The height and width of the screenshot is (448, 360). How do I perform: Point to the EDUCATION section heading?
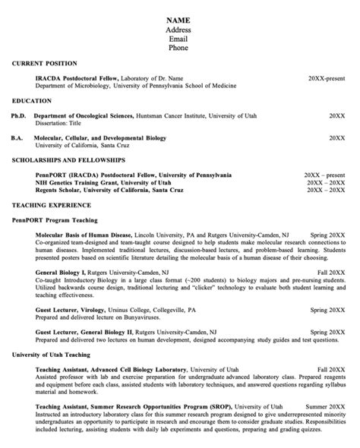33,100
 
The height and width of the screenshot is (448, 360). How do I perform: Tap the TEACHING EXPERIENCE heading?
52,205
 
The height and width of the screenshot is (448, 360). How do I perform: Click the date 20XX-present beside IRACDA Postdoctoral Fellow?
327,78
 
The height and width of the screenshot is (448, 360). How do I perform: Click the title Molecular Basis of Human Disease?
84,235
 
